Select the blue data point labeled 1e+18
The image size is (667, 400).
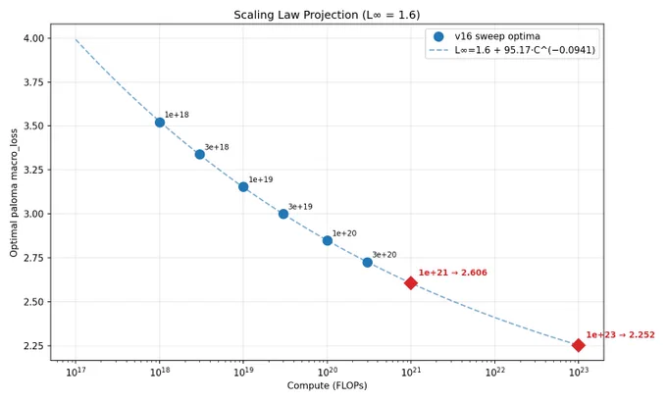tap(160, 123)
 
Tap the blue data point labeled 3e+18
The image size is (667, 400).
tap(200, 154)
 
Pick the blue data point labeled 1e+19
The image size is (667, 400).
tap(243, 187)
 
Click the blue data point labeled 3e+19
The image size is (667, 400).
tap(283, 214)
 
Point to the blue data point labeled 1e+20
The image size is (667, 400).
tap(327, 240)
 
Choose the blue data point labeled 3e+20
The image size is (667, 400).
tap(368, 263)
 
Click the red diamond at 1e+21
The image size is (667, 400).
tap(410, 282)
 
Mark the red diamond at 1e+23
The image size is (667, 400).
tap(578, 345)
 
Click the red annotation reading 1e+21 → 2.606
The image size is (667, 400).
tap(452, 273)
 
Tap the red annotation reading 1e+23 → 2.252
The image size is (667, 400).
tap(620, 334)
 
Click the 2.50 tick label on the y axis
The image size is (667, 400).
tap(34, 302)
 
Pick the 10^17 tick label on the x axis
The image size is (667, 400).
tap(76, 372)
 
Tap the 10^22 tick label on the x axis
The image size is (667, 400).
tap(494, 372)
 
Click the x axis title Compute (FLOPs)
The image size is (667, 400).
tap(327, 385)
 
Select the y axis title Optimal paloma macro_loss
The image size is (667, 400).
tap(14, 192)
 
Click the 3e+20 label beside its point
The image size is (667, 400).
tap(385, 255)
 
